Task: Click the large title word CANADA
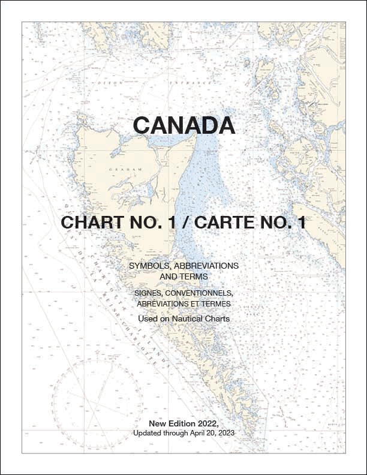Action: pos(183,125)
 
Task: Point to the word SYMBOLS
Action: pos(149,265)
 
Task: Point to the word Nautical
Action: pos(186,319)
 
